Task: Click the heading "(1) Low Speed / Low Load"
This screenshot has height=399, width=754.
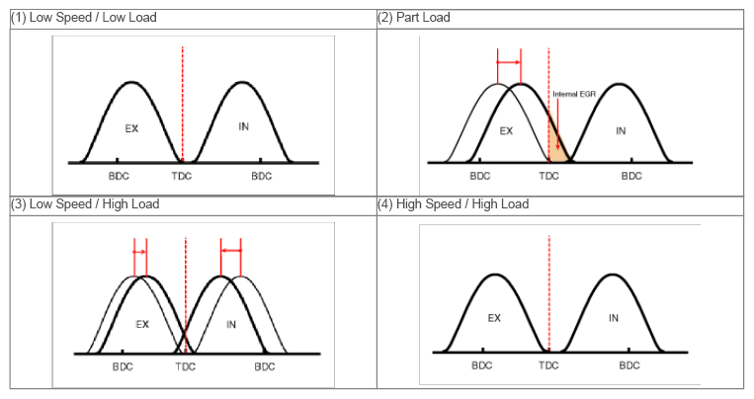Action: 84,18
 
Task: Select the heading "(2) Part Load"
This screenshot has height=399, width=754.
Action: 413,18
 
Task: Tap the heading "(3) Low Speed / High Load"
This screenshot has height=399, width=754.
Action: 85,204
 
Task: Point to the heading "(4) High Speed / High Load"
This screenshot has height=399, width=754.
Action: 453,204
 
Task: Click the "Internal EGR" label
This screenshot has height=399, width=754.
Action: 574,94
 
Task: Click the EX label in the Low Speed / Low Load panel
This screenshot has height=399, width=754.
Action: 131,128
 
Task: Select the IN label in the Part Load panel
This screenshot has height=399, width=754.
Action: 621,130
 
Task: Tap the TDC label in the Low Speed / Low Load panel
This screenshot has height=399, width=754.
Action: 182,176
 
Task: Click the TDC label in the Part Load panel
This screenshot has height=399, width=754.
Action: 548,176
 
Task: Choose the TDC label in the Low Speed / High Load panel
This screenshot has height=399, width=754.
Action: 185,366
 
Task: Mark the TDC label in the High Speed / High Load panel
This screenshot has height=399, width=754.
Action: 548,365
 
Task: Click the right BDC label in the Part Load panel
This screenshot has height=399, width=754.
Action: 631,176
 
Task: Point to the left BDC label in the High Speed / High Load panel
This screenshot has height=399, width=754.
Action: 482,365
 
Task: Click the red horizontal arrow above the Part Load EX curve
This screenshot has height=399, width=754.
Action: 509,62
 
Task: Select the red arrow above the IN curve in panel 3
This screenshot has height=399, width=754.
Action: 231,251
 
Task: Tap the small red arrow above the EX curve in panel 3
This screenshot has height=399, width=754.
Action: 140,252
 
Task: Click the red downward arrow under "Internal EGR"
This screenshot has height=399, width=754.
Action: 557,124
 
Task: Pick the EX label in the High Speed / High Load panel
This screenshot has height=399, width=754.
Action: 494,318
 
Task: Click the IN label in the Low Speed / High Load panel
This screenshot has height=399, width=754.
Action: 231,325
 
